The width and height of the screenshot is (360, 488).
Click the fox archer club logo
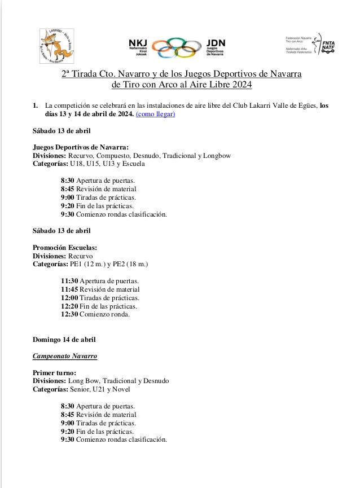(58, 46)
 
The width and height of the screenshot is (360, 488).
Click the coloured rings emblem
(177, 47)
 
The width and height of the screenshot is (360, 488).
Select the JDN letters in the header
(216, 42)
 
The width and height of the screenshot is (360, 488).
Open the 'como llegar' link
(156, 114)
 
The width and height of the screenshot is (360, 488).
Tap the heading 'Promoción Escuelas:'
(65, 248)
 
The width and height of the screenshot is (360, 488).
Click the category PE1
(76, 264)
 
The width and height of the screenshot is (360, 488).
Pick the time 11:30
(69, 281)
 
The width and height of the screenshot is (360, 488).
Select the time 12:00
(69, 298)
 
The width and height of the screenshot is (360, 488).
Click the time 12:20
(69, 306)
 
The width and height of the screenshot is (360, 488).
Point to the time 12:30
(69, 314)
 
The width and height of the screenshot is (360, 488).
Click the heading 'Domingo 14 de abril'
(64, 340)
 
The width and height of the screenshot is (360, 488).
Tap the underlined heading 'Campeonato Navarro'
(65, 357)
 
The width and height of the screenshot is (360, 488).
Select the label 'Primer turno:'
(54, 373)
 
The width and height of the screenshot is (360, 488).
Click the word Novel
(121, 389)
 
